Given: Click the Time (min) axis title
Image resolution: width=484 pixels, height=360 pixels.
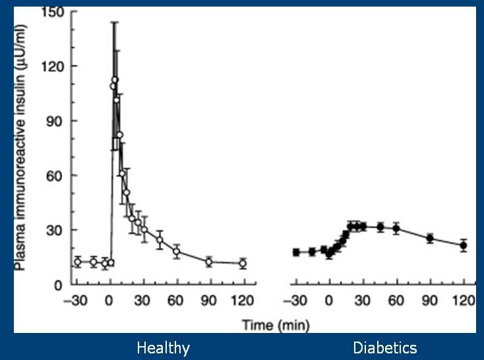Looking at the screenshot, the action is (x=276, y=326).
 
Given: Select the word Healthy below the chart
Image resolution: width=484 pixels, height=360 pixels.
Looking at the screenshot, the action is (x=163, y=348).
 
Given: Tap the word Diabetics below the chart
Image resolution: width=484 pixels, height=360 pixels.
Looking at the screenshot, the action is (x=385, y=347).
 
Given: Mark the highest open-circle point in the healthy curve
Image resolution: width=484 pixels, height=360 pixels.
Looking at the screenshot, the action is (x=115, y=80).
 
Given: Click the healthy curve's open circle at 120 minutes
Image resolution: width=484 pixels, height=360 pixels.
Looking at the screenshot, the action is (x=243, y=263).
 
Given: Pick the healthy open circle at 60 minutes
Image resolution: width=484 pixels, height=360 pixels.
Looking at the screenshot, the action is (x=177, y=251).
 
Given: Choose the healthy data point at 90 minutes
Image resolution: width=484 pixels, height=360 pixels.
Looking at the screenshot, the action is (x=209, y=262).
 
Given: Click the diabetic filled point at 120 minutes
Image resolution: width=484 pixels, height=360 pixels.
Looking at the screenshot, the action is (x=464, y=245).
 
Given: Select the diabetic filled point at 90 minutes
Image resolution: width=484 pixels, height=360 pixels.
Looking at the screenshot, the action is (x=430, y=238).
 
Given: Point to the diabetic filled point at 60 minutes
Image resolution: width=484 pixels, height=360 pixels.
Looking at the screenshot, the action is (x=397, y=229).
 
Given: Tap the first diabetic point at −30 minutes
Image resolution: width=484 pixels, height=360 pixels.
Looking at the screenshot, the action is (x=296, y=253).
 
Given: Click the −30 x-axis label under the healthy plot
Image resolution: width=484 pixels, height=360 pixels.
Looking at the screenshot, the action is (x=76, y=301).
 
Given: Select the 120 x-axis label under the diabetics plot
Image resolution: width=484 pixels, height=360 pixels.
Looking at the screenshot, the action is (x=465, y=301).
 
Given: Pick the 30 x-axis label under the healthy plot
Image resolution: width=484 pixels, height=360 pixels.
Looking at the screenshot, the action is (x=142, y=301).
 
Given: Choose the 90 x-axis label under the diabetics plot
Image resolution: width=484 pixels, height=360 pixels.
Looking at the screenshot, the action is (x=430, y=301).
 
